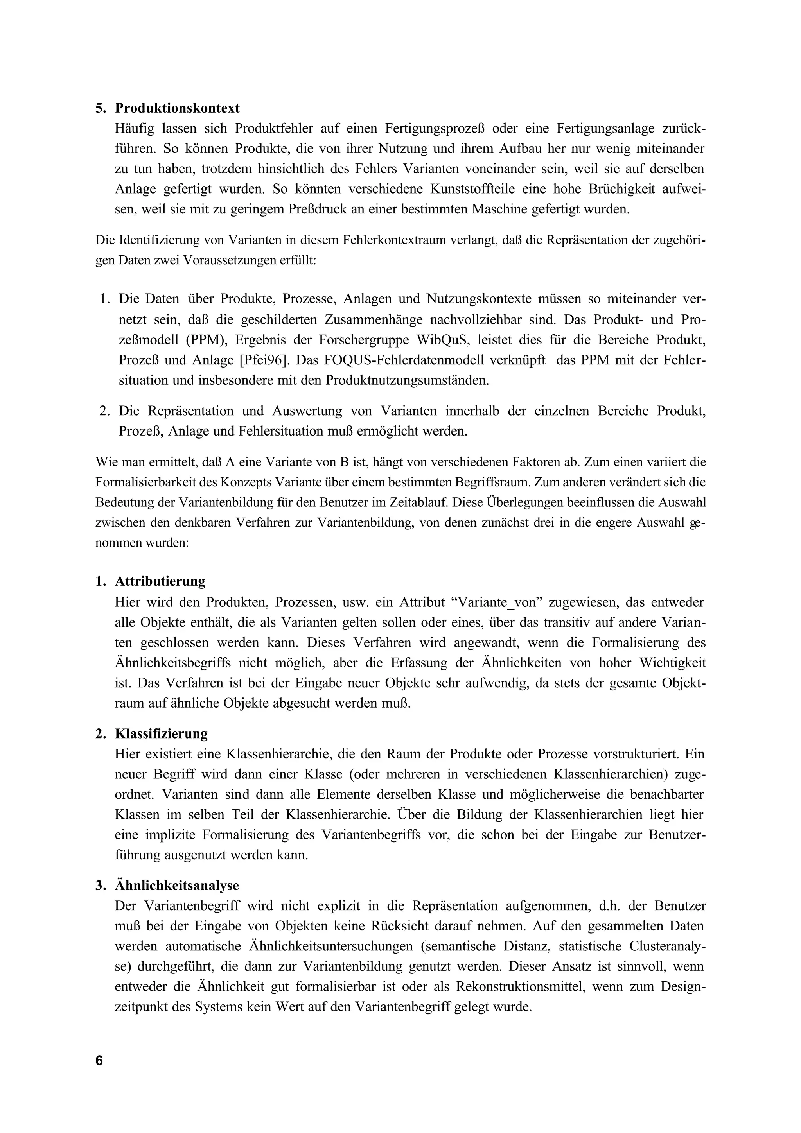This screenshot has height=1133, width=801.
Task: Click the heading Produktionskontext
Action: (177, 108)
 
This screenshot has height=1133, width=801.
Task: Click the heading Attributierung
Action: (160, 581)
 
